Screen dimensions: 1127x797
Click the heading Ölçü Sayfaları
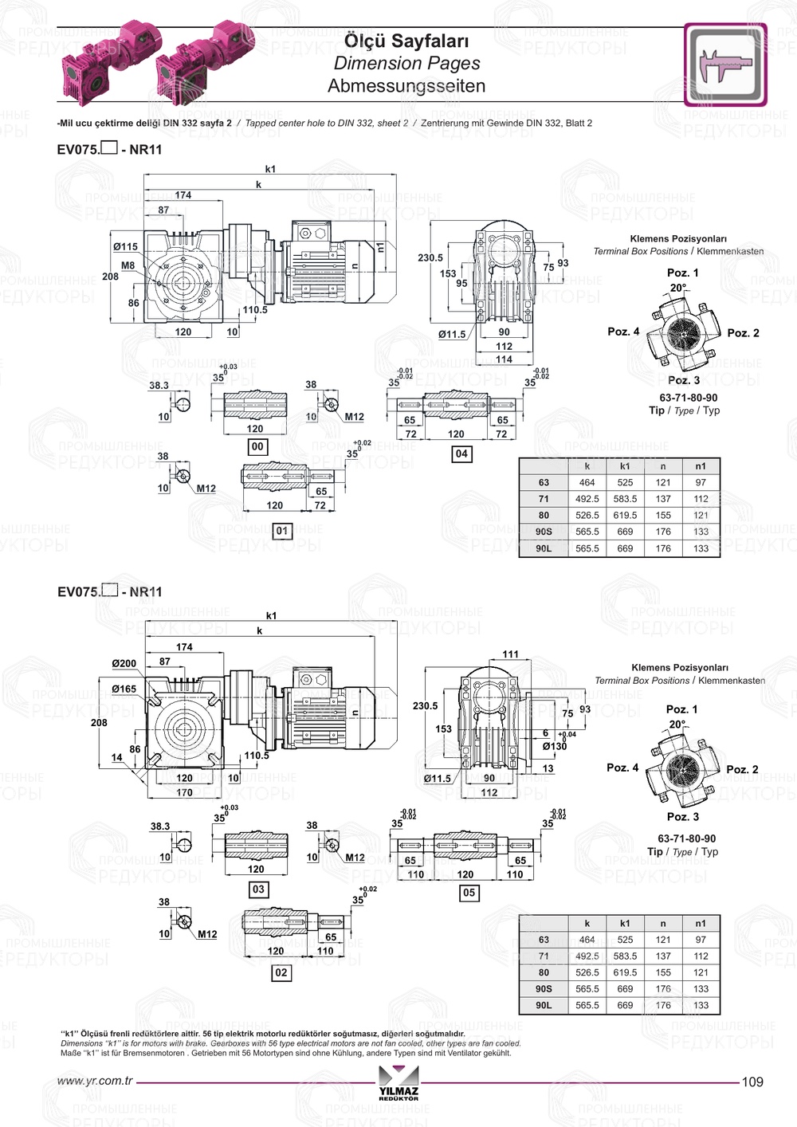click(x=406, y=41)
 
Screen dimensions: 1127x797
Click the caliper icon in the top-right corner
click(x=724, y=65)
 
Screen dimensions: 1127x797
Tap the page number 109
click(x=752, y=1082)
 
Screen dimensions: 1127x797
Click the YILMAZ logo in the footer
click(x=398, y=1086)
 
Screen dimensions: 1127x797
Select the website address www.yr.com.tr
click(x=95, y=1082)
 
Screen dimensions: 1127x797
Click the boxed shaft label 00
click(x=257, y=447)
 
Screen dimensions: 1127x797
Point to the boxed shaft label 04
click(x=461, y=454)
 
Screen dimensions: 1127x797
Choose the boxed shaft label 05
click(x=469, y=893)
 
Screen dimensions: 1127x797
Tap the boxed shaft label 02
click(x=281, y=972)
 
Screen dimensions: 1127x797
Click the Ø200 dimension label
click(x=124, y=663)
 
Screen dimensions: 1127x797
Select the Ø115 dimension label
click(x=125, y=247)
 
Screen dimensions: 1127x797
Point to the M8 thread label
click(x=128, y=265)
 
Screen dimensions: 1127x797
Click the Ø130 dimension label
click(x=555, y=747)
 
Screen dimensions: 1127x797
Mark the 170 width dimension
click(x=184, y=792)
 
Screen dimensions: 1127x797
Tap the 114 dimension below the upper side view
click(x=504, y=359)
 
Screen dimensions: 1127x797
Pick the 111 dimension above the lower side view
click(x=510, y=654)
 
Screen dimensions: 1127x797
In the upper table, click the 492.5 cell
click(x=587, y=499)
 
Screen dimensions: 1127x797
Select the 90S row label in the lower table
click(x=544, y=989)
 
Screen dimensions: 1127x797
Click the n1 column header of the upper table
click(x=701, y=466)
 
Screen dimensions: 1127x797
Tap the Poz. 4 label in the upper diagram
click(x=623, y=332)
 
